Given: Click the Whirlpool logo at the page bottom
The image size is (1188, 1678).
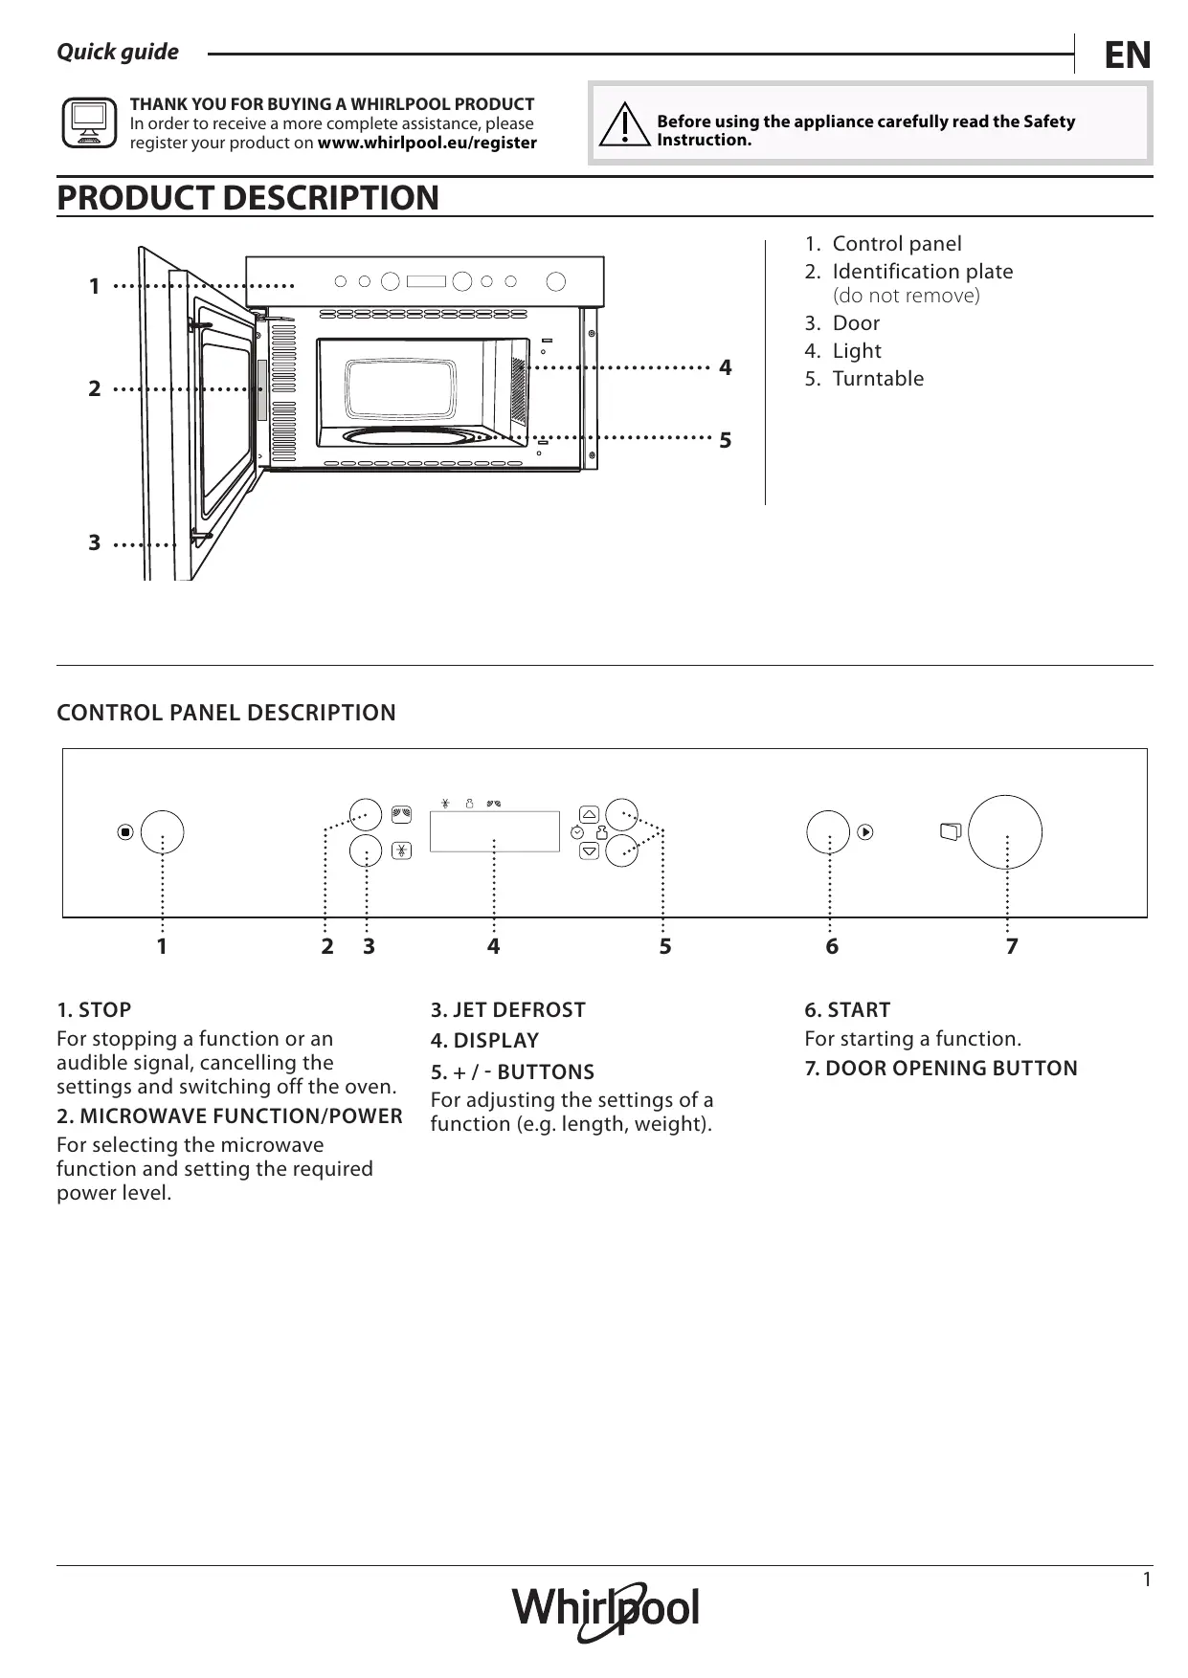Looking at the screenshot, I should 606,1610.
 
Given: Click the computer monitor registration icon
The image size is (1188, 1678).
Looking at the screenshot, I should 89,123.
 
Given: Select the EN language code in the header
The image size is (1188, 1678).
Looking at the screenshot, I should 1127,55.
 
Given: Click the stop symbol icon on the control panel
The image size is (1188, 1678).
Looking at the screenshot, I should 125,832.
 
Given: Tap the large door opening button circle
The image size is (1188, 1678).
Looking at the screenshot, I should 1004,830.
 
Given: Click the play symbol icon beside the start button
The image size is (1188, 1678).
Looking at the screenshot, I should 865,832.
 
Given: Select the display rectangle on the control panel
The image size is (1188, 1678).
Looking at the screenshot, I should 494,831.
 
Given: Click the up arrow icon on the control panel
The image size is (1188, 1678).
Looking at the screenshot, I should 590,814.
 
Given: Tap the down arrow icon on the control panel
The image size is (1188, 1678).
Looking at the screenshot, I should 590,850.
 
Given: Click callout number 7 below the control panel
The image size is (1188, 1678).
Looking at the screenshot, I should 1012,947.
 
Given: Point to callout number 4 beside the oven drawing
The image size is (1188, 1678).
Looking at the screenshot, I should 726,368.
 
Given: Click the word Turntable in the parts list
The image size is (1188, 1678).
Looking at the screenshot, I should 878,379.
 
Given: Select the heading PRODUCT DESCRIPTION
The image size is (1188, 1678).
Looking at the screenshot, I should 248,198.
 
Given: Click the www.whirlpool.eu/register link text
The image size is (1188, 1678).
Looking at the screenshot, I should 427,144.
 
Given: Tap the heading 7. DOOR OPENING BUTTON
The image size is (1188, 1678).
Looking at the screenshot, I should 941,1069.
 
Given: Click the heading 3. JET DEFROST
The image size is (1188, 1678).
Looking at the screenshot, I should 507,1010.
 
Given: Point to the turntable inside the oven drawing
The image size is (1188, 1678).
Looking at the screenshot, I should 412,436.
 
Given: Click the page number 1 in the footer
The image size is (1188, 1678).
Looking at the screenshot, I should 1147,1579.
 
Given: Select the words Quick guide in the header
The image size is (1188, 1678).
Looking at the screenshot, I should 118,53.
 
